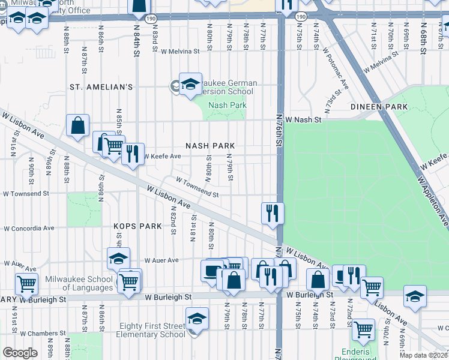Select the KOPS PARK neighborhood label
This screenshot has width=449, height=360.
point(138,226)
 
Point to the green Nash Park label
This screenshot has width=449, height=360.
point(227,105)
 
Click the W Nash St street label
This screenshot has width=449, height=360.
point(304,120)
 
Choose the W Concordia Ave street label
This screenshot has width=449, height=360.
point(29,229)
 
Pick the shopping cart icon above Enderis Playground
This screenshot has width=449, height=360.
point(363,329)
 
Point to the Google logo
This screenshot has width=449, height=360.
point(20,353)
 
